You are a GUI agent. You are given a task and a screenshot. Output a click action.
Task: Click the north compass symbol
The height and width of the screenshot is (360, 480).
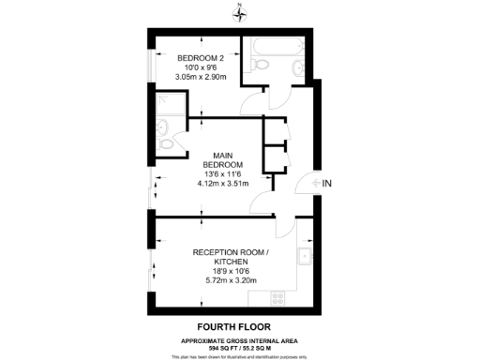coord(240,11)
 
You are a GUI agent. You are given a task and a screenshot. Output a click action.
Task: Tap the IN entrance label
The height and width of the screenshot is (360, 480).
coord(326,184)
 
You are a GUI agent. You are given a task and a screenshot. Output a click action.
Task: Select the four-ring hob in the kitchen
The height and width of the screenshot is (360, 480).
coord(277,298)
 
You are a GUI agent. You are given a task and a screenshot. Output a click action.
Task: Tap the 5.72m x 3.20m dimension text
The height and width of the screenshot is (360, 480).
coord(231,279)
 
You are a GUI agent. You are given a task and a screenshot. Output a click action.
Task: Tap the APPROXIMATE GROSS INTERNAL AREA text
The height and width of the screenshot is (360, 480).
coord(240,340)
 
